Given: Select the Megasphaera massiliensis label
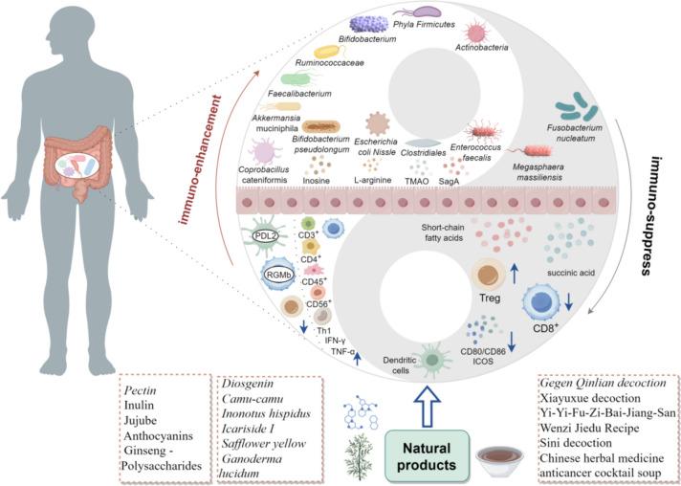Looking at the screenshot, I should (546, 172).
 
